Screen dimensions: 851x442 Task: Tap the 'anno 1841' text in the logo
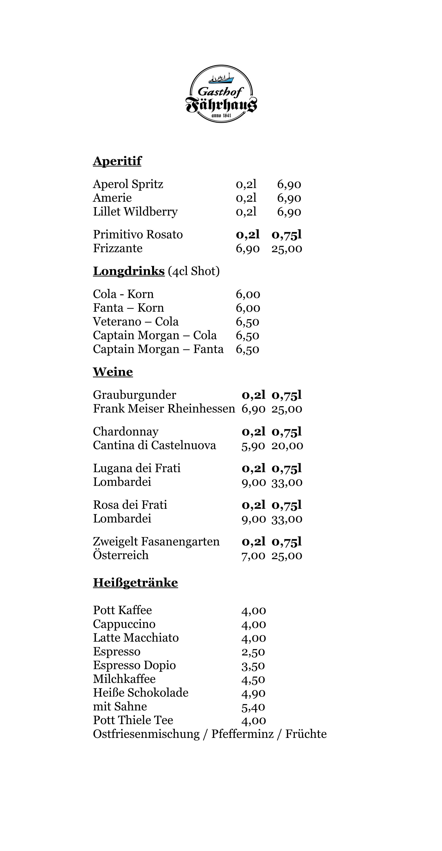point(221,116)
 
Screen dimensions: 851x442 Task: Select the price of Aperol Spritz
point(289,184)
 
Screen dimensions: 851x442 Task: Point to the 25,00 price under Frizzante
point(287,249)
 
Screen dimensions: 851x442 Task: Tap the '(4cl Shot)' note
point(194,271)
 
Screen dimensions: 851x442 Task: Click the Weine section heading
point(113,372)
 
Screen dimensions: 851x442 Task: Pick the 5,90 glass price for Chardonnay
point(253,446)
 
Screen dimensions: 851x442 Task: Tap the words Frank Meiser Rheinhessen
point(164,409)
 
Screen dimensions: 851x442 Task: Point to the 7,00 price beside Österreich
point(253,556)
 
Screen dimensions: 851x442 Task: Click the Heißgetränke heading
point(135,583)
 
